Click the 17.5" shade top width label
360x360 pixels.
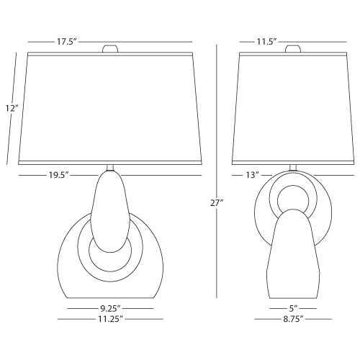[66, 42]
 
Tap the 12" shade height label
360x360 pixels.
[12, 109]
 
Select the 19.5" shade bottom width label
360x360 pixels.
[59, 175]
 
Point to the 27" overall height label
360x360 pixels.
[217, 203]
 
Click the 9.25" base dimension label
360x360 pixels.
[110, 308]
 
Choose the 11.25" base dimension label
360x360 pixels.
[110, 319]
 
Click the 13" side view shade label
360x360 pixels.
[252, 175]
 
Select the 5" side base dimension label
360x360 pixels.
[293, 308]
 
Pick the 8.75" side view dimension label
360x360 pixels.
[293, 319]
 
